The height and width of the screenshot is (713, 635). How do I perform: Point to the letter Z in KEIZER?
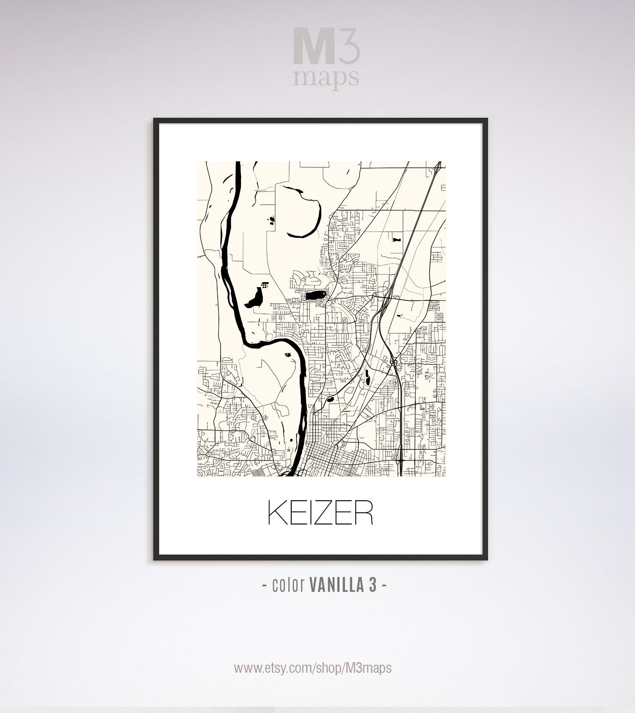pos(321,513)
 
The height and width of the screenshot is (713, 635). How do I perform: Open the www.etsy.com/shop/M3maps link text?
pos(313,668)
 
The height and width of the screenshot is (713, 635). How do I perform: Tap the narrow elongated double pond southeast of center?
pos(367,376)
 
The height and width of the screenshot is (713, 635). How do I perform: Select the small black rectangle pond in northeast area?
pos(396,240)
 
